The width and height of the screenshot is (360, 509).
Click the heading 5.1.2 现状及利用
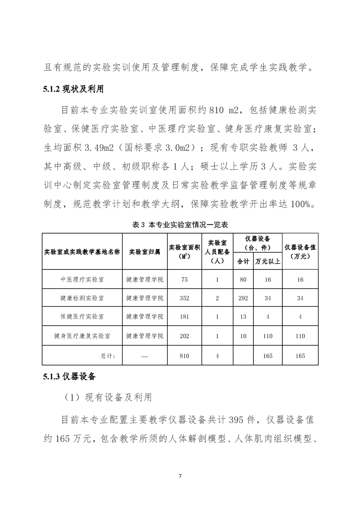74,88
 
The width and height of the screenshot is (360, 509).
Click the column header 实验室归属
144,251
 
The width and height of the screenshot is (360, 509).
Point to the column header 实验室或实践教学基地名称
82,251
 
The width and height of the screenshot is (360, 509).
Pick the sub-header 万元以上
268,261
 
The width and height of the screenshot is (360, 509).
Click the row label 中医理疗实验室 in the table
82,279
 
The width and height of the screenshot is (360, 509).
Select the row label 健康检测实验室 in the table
82,298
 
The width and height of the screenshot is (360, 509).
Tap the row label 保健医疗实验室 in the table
82,316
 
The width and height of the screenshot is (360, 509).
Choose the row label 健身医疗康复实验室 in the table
82,336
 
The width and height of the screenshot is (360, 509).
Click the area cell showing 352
184,298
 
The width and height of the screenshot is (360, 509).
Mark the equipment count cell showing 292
243,298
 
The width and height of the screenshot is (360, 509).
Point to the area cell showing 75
184,279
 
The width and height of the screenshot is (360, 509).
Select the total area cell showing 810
184,356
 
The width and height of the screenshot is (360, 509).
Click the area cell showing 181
184,316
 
